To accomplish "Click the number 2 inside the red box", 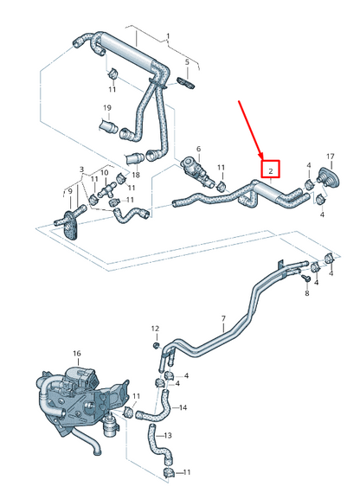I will tap(271, 170).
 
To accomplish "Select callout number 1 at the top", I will tap(169, 36).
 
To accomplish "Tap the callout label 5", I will tap(186, 62).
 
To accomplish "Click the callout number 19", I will tap(108, 108).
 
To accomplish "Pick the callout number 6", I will tap(198, 149).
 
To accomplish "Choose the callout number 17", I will tap(331, 157).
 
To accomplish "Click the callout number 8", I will tap(306, 294).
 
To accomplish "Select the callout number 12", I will tap(155, 329).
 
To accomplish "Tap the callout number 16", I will tap(76, 354).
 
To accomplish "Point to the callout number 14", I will tap(183, 406).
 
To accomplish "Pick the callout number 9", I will tap(70, 190).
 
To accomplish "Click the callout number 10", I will tap(105, 172).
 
